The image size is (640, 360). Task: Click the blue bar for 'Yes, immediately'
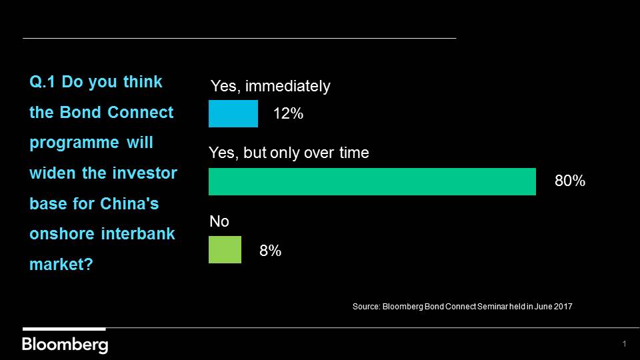point(233,113)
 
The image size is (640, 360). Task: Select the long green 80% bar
point(372,181)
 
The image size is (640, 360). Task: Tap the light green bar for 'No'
point(225,250)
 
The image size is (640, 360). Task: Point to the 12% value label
point(288,113)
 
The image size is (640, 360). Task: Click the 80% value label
point(570,181)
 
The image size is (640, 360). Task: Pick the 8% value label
point(270,251)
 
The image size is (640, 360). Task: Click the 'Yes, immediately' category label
point(270,86)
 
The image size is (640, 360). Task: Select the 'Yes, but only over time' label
point(289,153)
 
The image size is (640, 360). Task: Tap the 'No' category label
point(219,221)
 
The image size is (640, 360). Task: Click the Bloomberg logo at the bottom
point(65,345)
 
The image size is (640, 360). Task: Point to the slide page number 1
point(624,344)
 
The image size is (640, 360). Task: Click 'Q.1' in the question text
point(42,82)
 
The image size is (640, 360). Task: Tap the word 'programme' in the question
point(74,143)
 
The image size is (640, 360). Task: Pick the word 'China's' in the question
point(129,204)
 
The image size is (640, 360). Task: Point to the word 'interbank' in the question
point(138,234)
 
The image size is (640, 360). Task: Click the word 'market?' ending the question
point(61,265)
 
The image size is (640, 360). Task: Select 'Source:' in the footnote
point(367,307)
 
